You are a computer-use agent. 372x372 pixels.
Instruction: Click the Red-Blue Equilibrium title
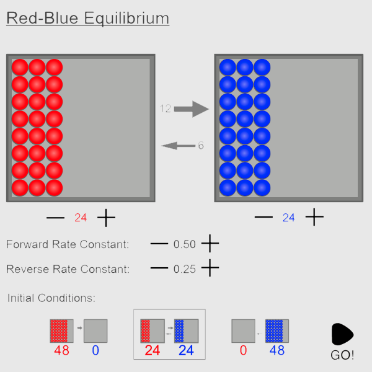(x=87, y=18)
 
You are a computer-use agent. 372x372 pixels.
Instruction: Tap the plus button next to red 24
(x=107, y=218)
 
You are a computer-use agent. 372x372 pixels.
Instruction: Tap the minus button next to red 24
(x=55, y=218)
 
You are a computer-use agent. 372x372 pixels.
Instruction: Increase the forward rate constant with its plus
(x=210, y=244)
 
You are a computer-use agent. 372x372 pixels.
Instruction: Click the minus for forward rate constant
(x=159, y=244)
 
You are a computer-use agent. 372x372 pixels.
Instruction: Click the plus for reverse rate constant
(x=210, y=268)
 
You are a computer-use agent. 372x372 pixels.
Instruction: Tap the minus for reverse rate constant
(x=159, y=268)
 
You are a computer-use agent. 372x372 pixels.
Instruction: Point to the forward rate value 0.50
(x=185, y=244)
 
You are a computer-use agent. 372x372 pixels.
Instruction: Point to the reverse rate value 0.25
(x=185, y=269)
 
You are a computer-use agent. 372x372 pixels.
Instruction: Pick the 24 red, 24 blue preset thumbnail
(x=169, y=333)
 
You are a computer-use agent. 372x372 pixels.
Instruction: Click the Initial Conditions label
(x=51, y=298)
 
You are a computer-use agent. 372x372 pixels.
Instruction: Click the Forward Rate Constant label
(x=68, y=244)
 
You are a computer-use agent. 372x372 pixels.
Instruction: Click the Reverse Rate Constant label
(x=68, y=269)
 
